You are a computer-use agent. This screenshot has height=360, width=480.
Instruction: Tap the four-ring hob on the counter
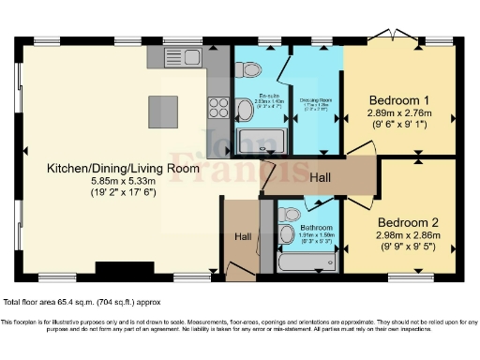pyautogui.click(x=217, y=106)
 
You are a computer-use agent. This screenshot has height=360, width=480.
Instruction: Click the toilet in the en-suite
pyautogui.click(x=245, y=112)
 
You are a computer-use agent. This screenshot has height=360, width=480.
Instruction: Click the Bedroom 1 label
pyautogui.click(x=398, y=100)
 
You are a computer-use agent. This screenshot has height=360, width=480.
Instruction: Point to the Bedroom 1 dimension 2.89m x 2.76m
pyautogui.click(x=398, y=113)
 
